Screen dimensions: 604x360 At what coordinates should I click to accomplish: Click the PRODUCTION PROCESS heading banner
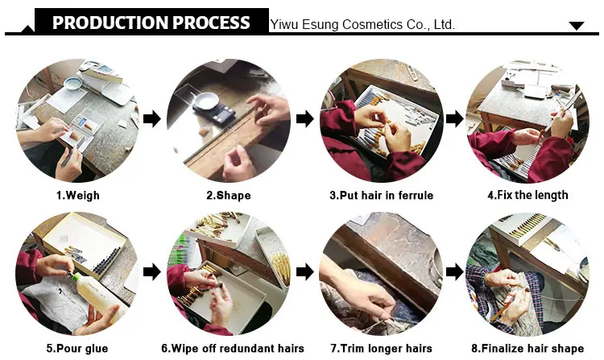pos(151,22)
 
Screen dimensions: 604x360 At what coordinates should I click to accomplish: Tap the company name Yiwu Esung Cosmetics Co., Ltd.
pos(362,25)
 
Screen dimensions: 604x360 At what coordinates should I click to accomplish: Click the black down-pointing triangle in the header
pos(577,26)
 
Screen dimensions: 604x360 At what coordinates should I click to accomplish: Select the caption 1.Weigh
pos(78,195)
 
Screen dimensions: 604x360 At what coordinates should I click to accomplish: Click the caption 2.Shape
pos(229,195)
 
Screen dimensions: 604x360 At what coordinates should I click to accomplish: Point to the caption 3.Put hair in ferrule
pos(382,195)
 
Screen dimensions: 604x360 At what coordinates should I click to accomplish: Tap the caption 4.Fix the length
pos(527,195)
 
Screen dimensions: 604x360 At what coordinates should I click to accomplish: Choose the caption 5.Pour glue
pos(77,349)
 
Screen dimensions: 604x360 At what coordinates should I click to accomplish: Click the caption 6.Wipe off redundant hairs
pos(233,349)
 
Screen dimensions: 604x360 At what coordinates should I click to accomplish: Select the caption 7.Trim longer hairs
pos(382,349)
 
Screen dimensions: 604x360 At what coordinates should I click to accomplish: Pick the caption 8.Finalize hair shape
pos(527,349)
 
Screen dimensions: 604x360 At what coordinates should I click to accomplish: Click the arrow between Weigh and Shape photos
pos(151,118)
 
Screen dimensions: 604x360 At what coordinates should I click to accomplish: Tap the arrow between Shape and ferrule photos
pos(305,118)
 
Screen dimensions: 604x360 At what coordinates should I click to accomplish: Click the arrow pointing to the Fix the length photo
pos(454,118)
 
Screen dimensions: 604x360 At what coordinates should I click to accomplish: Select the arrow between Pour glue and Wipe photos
pos(151,272)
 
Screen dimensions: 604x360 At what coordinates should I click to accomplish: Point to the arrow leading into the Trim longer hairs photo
pos(305,272)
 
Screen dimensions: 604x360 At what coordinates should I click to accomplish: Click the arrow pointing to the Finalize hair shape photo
pos(454,272)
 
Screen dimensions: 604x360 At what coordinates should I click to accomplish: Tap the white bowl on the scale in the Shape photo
pos(205,100)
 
